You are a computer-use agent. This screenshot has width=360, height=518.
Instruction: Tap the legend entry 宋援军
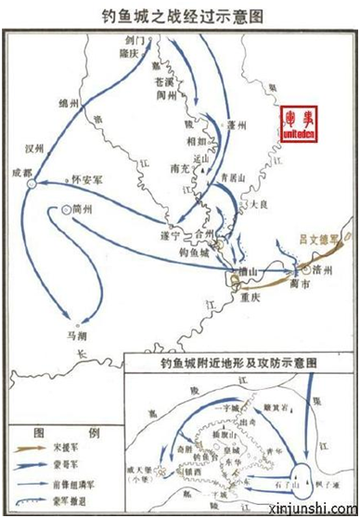point(81,449)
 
